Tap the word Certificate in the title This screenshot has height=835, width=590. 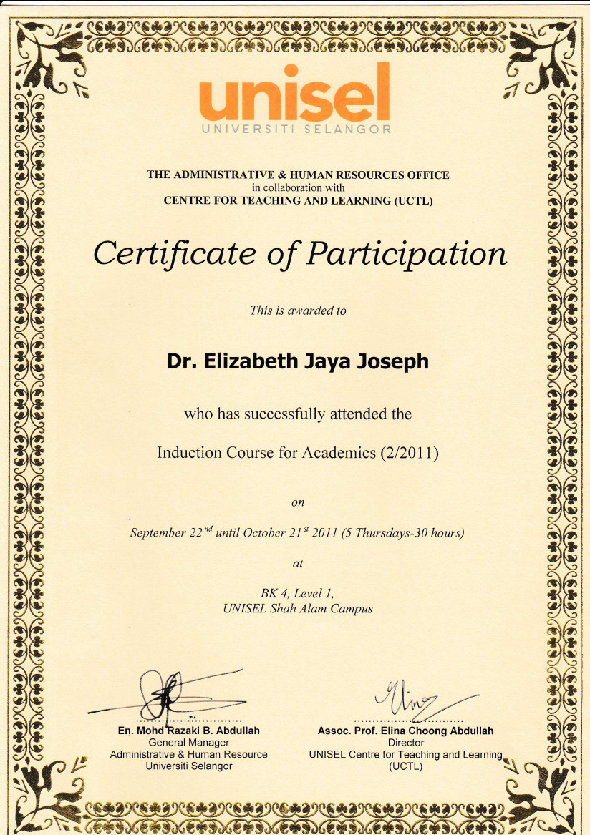[173, 254]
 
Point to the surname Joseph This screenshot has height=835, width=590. [393, 362]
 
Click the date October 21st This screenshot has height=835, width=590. [272, 533]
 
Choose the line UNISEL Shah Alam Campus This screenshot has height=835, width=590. [298, 609]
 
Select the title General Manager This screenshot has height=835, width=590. [188, 743]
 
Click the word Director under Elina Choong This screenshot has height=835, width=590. [405, 743]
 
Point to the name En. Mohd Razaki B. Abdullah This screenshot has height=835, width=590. [188, 731]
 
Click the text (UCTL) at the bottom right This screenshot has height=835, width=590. [405, 766]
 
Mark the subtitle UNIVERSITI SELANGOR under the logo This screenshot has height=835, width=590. [296, 130]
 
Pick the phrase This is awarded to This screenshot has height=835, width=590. [298, 311]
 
